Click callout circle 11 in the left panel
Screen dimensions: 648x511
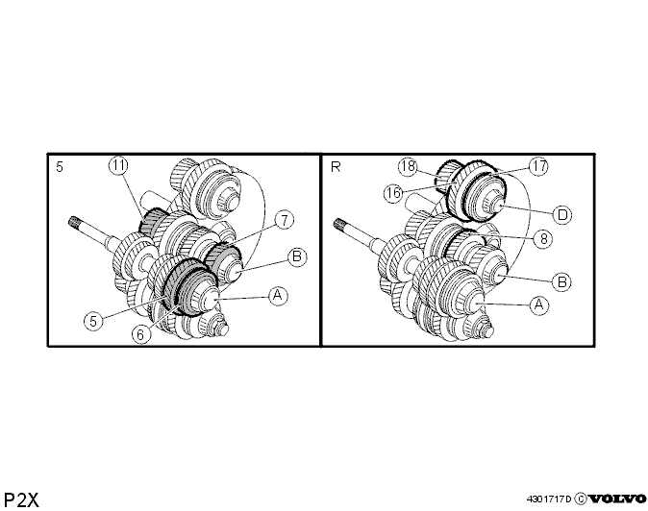(x=118, y=165)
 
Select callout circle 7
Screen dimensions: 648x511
(x=285, y=220)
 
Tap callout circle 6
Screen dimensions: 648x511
(x=140, y=334)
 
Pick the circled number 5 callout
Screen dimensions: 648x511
(x=93, y=321)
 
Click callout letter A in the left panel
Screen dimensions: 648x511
(x=278, y=296)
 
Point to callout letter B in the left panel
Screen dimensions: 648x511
(x=297, y=256)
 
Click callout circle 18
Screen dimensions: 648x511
(x=408, y=166)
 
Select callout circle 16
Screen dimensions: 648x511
(x=393, y=193)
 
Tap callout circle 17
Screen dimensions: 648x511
(x=539, y=166)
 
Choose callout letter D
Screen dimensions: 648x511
(x=562, y=214)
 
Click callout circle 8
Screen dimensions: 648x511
(x=543, y=238)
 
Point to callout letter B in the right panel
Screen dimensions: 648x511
(x=562, y=282)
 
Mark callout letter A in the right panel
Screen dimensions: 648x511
(x=539, y=305)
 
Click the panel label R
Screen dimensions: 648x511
(x=336, y=167)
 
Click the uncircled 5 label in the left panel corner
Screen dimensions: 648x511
(x=60, y=167)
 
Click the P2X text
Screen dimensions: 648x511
(x=21, y=499)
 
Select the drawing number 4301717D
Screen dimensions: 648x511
(x=549, y=499)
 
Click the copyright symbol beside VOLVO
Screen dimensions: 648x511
(x=581, y=499)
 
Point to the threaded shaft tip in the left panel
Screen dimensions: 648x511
(x=74, y=221)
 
